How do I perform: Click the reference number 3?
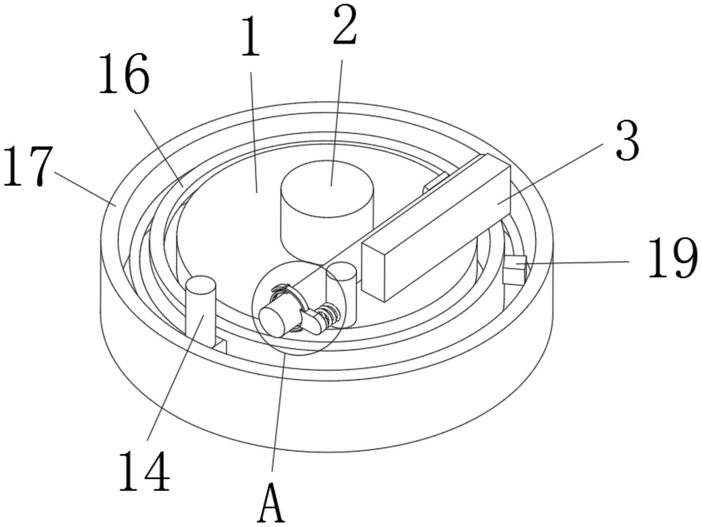click(x=627, y=140)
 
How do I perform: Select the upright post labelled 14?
click(x=201, y=312)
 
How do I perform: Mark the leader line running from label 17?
click(x=84, y=188)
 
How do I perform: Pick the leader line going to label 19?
click(x=578, y=262)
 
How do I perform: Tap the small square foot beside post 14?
click(x=221, y=346)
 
